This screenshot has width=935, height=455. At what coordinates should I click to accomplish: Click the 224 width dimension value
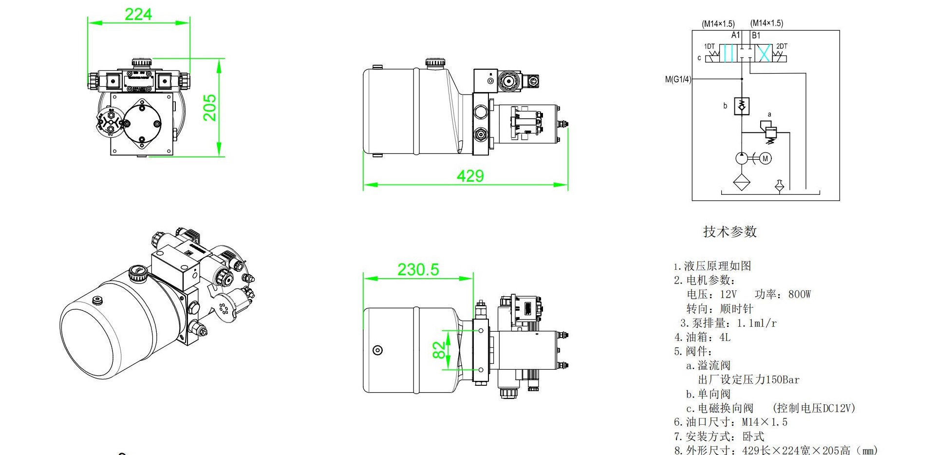tap(138, 15)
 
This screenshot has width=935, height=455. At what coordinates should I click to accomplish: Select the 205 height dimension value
tap(210, 108)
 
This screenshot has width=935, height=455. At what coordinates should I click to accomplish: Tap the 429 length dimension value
tap(470, 176)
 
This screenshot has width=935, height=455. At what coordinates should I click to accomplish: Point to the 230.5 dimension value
tap(418, 269)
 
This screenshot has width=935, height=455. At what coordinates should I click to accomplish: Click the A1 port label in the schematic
tap(735, 35)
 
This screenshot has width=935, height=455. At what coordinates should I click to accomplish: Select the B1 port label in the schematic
tap(756, 35)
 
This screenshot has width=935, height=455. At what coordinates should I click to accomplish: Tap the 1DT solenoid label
tap(710, 46)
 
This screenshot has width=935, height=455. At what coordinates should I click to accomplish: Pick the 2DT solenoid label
tap(782, 46)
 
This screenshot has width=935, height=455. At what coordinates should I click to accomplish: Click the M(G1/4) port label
tap(678, 79)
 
